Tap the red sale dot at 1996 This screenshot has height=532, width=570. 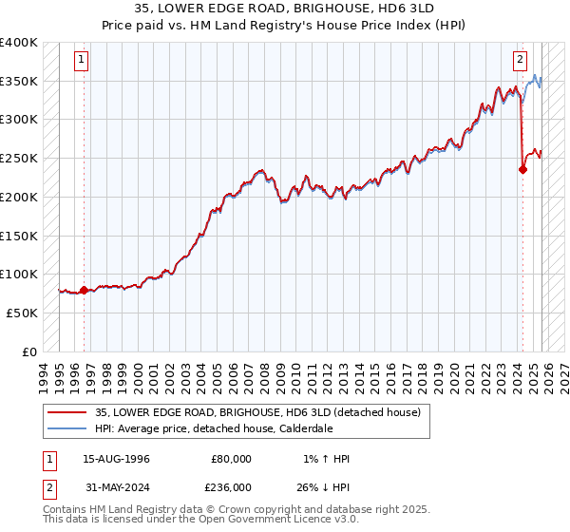pyautogui.click(x=84, y=290)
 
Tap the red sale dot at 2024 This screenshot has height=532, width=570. pyautogui.click(x=522, y=170)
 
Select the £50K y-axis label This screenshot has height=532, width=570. pyautogui.click(x=22, y=313)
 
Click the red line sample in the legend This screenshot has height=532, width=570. pyautogui.click(x=67, y=411)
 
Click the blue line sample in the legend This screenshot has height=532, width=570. pyautogui.click(x=67, y=427)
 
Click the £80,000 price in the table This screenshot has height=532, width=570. pyautogui.click(x=231, y=459)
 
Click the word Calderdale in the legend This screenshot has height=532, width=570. pyautogui.click(x=310, y=427)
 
